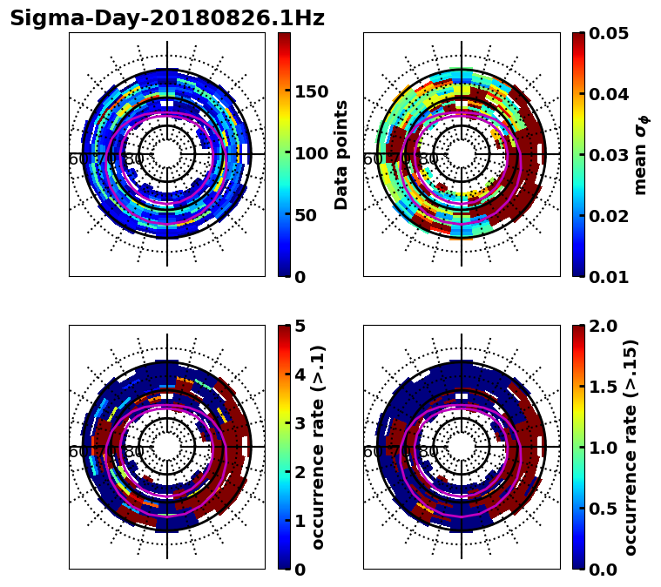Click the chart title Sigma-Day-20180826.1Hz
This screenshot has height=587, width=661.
167,18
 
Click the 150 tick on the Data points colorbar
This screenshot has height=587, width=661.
311,92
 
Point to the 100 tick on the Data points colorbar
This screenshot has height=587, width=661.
311,154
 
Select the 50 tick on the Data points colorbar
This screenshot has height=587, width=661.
307,215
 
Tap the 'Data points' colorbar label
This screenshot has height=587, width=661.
341,154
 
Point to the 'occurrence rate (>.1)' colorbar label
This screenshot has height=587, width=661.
319,447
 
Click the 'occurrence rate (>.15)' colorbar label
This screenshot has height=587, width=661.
631,447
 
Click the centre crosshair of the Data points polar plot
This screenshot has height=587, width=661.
167,154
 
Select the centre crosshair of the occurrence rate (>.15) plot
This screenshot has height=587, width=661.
462,447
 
